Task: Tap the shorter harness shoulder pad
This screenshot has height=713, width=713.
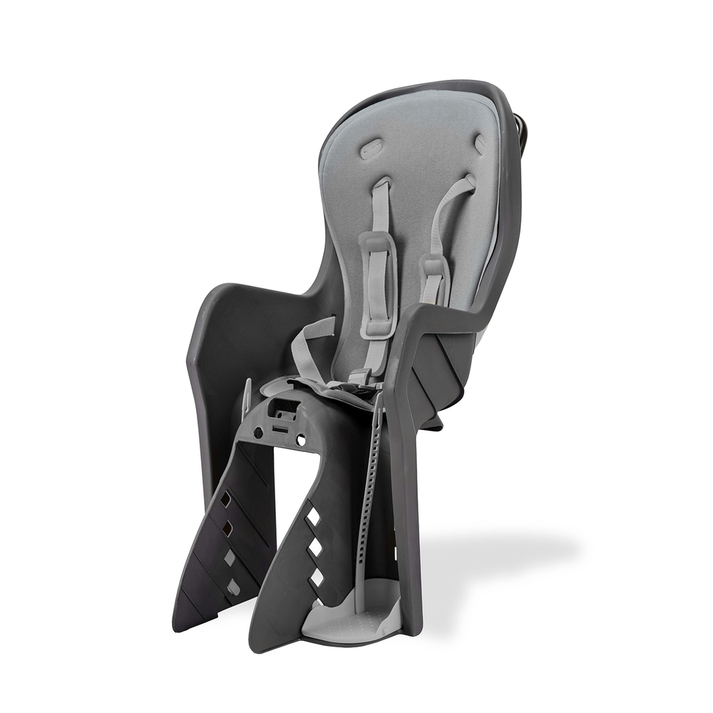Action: coord(434,278)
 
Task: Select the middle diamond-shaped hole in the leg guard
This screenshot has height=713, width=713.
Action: coord(313,547)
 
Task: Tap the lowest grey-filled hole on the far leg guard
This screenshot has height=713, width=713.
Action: coord(233,585)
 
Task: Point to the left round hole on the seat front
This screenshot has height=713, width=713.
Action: coord(258,432)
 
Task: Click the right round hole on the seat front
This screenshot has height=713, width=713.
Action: coord(301,441)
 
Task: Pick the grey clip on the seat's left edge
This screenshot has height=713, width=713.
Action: coord(247,396)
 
